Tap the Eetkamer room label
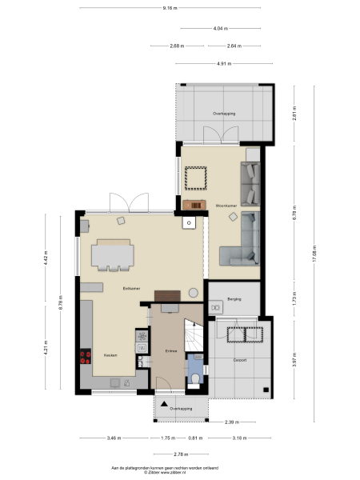coord(122,287)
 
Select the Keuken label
coord(110,355)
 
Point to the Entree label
coord(170,350)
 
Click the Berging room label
coord(234,298)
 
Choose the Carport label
coord(240,360)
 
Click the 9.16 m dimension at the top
coord(169,7)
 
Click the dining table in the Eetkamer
coord(112,254)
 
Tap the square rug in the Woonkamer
coord(196,178)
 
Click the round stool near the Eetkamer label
coord(193,293)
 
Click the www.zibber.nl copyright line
coord(170,472)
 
